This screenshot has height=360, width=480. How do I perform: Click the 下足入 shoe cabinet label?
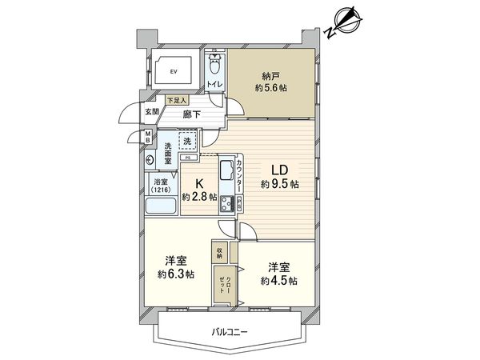click(177, 101)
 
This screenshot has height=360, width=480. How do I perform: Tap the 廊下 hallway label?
click(191, 115)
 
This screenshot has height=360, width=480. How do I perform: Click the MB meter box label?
click(149, 136)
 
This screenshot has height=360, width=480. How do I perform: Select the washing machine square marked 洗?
click(187, 142)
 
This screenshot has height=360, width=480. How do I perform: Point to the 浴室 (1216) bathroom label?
click(162, 186)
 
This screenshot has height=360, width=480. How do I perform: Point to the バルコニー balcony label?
click(231, 330)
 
